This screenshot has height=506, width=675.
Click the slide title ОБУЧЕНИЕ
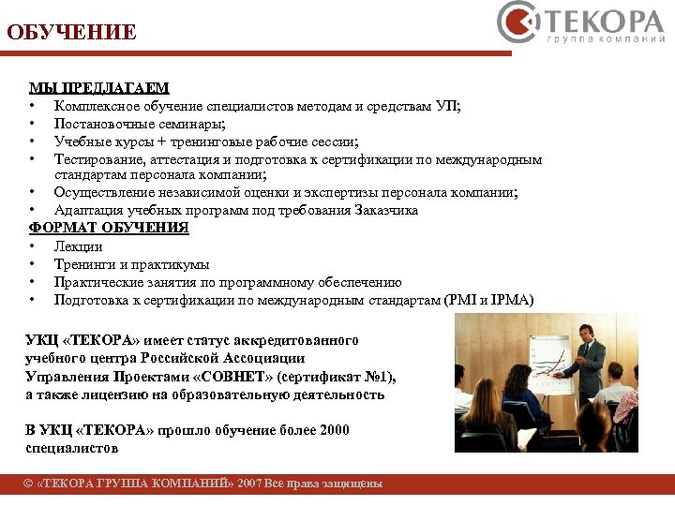(71, 33)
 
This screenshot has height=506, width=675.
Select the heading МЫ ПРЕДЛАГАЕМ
(99, 88)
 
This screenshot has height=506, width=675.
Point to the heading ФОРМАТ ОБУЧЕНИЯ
(109, 228)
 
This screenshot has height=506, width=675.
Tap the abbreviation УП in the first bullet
(445, 106)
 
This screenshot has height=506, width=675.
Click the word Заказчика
(385, 210)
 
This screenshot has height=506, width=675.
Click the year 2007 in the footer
(249, 484)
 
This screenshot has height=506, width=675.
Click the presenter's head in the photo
(585, 334)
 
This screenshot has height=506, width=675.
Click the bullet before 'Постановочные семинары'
(32, 124)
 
